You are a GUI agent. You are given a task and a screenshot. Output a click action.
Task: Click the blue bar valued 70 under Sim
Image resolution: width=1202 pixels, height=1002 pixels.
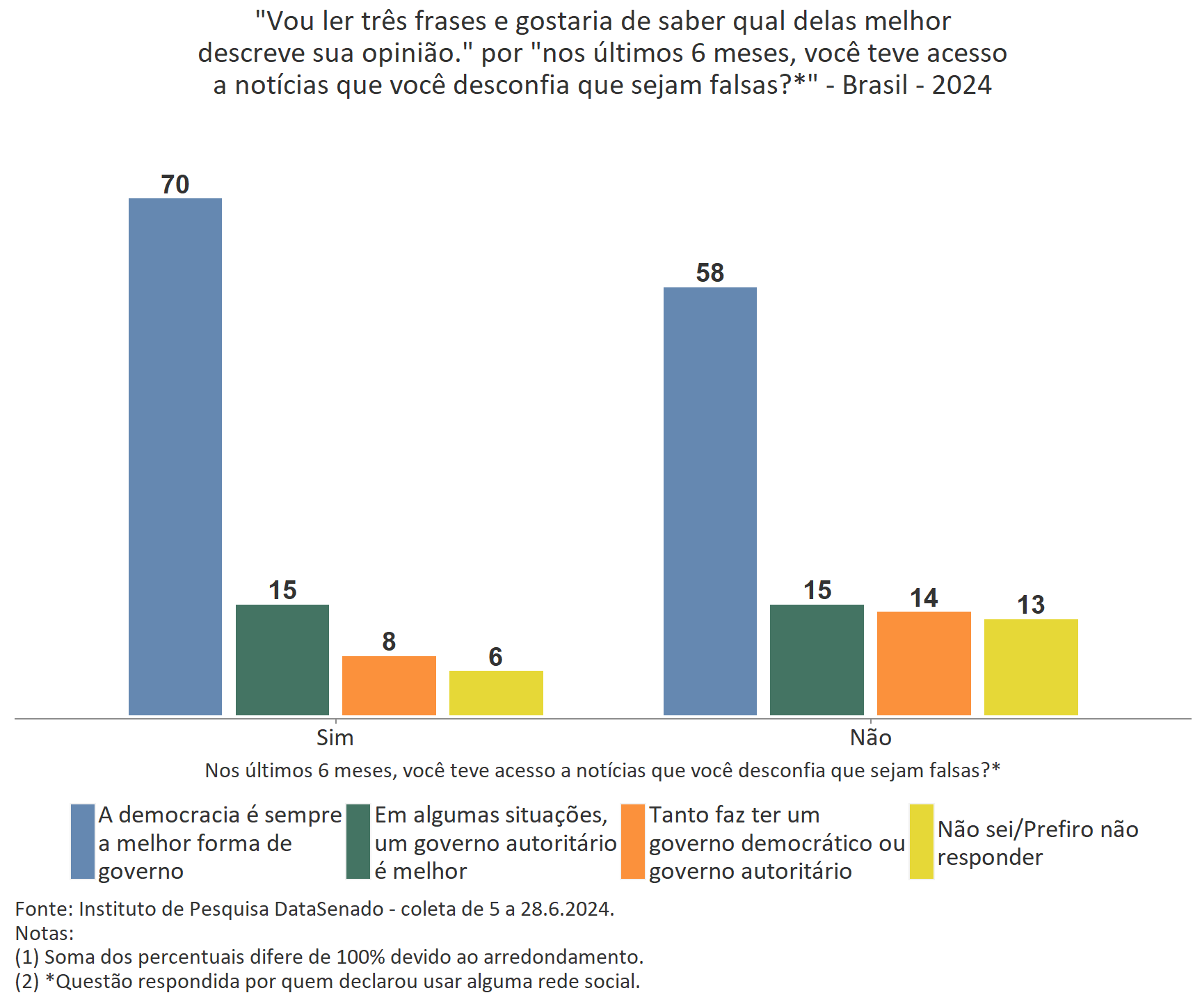175,456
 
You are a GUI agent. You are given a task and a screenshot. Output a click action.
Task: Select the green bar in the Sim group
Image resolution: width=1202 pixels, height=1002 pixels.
282,660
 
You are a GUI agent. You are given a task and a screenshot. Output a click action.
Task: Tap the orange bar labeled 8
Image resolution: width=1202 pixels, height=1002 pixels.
389,685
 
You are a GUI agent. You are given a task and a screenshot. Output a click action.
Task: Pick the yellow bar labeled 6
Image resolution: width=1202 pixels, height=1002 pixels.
496,692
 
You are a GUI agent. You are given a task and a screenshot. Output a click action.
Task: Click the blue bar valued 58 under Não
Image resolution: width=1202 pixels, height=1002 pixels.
710,501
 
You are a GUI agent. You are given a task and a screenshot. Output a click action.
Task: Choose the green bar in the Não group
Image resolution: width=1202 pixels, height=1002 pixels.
817,660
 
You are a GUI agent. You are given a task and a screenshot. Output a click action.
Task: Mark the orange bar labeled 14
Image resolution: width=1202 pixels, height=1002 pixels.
924,663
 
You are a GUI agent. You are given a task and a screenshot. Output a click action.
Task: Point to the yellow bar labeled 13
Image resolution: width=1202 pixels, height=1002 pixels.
1031,667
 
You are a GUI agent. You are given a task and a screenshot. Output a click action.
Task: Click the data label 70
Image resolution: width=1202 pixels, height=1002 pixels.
175,184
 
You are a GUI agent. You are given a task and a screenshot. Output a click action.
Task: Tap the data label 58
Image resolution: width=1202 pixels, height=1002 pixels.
710,273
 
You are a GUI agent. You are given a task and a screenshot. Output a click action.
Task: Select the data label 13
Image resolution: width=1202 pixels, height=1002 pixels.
1031,605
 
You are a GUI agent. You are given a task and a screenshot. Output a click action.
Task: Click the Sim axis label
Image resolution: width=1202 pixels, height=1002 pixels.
335,738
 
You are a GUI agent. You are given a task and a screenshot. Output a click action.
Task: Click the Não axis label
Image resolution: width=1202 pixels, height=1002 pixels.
870,738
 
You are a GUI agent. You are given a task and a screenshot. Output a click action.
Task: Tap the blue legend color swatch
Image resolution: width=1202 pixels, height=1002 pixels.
83,842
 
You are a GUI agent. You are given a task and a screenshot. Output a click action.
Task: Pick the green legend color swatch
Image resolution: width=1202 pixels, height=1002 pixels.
358,842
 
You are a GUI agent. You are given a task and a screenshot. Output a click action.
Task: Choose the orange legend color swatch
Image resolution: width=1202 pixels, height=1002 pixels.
633,842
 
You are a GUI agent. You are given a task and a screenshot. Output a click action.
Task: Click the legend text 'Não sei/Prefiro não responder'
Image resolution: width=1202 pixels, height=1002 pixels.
1037,843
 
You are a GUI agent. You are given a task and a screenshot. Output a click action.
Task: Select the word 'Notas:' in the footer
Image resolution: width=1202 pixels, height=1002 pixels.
45,933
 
